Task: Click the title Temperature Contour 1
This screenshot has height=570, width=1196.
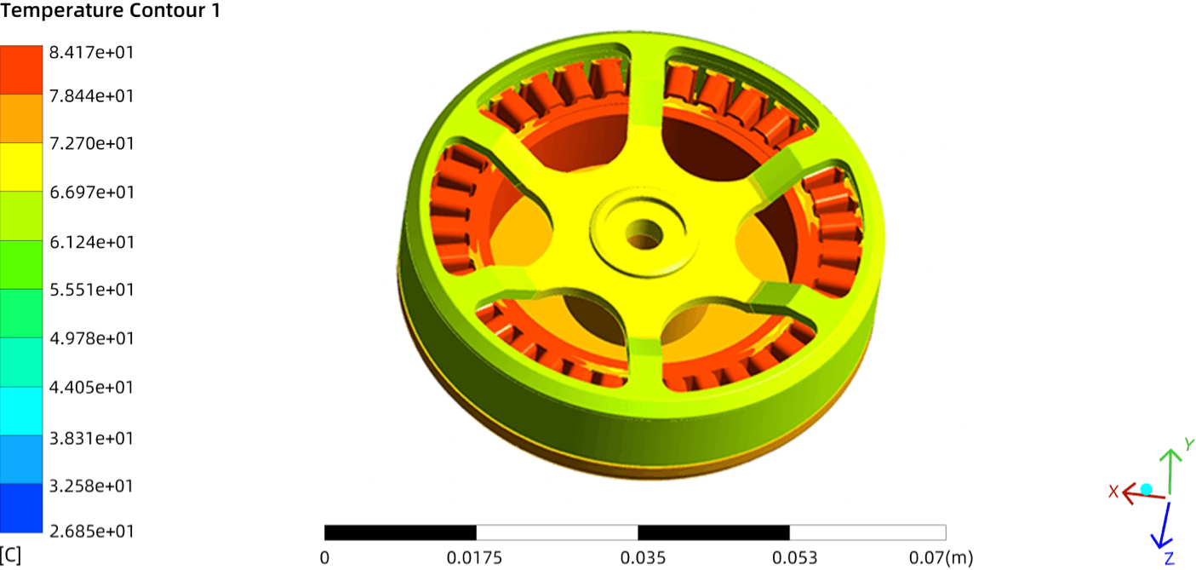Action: (x=110, y=10)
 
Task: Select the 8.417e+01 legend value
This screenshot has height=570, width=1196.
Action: (x=91, y=52)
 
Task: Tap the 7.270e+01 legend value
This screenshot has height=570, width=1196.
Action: (x=91, y=143)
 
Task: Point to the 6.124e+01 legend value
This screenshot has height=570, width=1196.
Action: (x=91, y=242)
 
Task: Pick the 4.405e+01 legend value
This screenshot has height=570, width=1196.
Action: (x=91, y=387)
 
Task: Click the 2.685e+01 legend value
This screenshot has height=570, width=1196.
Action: (x=91, y=531)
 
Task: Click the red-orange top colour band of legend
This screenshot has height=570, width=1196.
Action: (x=21, y=70)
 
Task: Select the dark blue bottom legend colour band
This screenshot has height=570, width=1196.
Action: (x=21, y=508)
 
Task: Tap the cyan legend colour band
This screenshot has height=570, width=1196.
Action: (x=21, y=411)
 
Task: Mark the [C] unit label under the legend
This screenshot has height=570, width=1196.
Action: (x=11, y=556)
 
